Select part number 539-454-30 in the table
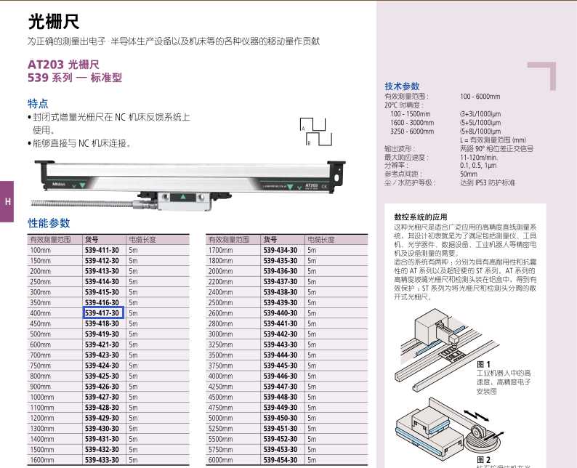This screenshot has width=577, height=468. (281, 460)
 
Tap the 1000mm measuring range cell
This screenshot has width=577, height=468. (42, 398)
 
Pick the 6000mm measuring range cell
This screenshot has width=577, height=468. (220, 460)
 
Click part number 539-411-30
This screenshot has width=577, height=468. (102, 250)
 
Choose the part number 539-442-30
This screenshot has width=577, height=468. (281, 334)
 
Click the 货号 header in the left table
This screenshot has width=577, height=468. (92, 240)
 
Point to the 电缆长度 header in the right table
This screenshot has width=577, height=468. (321, 240)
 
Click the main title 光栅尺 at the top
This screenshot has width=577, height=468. (54, 21)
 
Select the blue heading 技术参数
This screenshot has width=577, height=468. (402, 86)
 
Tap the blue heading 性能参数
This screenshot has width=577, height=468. (49, 223)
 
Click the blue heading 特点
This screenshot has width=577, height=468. (38, 103)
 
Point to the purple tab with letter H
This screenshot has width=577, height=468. (7, 201)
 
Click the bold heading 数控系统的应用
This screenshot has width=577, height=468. (421, 217)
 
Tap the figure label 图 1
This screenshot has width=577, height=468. (483, 364)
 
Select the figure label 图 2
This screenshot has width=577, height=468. (483, 460)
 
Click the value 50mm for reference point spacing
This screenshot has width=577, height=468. (469, 174)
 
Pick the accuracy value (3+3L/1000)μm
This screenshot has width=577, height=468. (480, 114)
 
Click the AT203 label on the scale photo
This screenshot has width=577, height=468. (311, 185)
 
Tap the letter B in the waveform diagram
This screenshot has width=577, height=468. (309, 143)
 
